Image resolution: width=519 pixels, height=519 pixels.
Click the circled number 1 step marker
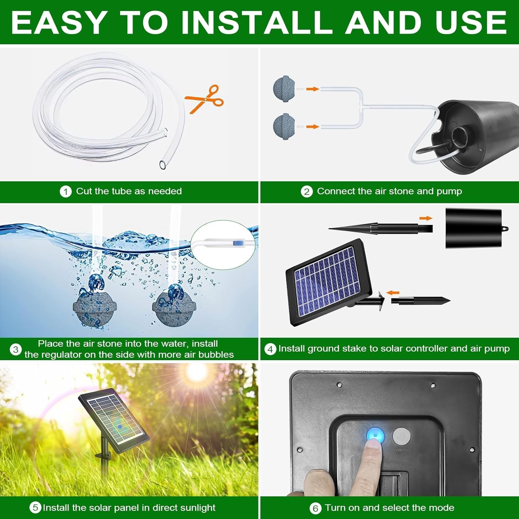point(65,192)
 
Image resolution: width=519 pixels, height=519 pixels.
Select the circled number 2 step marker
point(307,192)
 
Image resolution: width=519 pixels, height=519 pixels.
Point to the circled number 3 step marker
point(16,349)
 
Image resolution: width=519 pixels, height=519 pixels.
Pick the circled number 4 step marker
point(270,349)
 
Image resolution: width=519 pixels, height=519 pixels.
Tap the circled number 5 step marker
point(35,508)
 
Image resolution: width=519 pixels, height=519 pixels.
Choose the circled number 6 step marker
point(315,508)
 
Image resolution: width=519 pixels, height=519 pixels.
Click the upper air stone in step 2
point(284,89)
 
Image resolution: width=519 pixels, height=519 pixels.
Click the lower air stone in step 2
point(284,127)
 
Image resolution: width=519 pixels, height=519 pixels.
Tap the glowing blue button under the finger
point(375,435)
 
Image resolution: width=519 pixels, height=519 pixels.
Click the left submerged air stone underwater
point(94,310)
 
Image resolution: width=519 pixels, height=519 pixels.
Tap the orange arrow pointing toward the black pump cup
point(426,218)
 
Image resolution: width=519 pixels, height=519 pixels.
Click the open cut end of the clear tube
point(163,165)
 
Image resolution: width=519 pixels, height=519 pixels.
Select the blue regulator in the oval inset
point(237,243)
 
